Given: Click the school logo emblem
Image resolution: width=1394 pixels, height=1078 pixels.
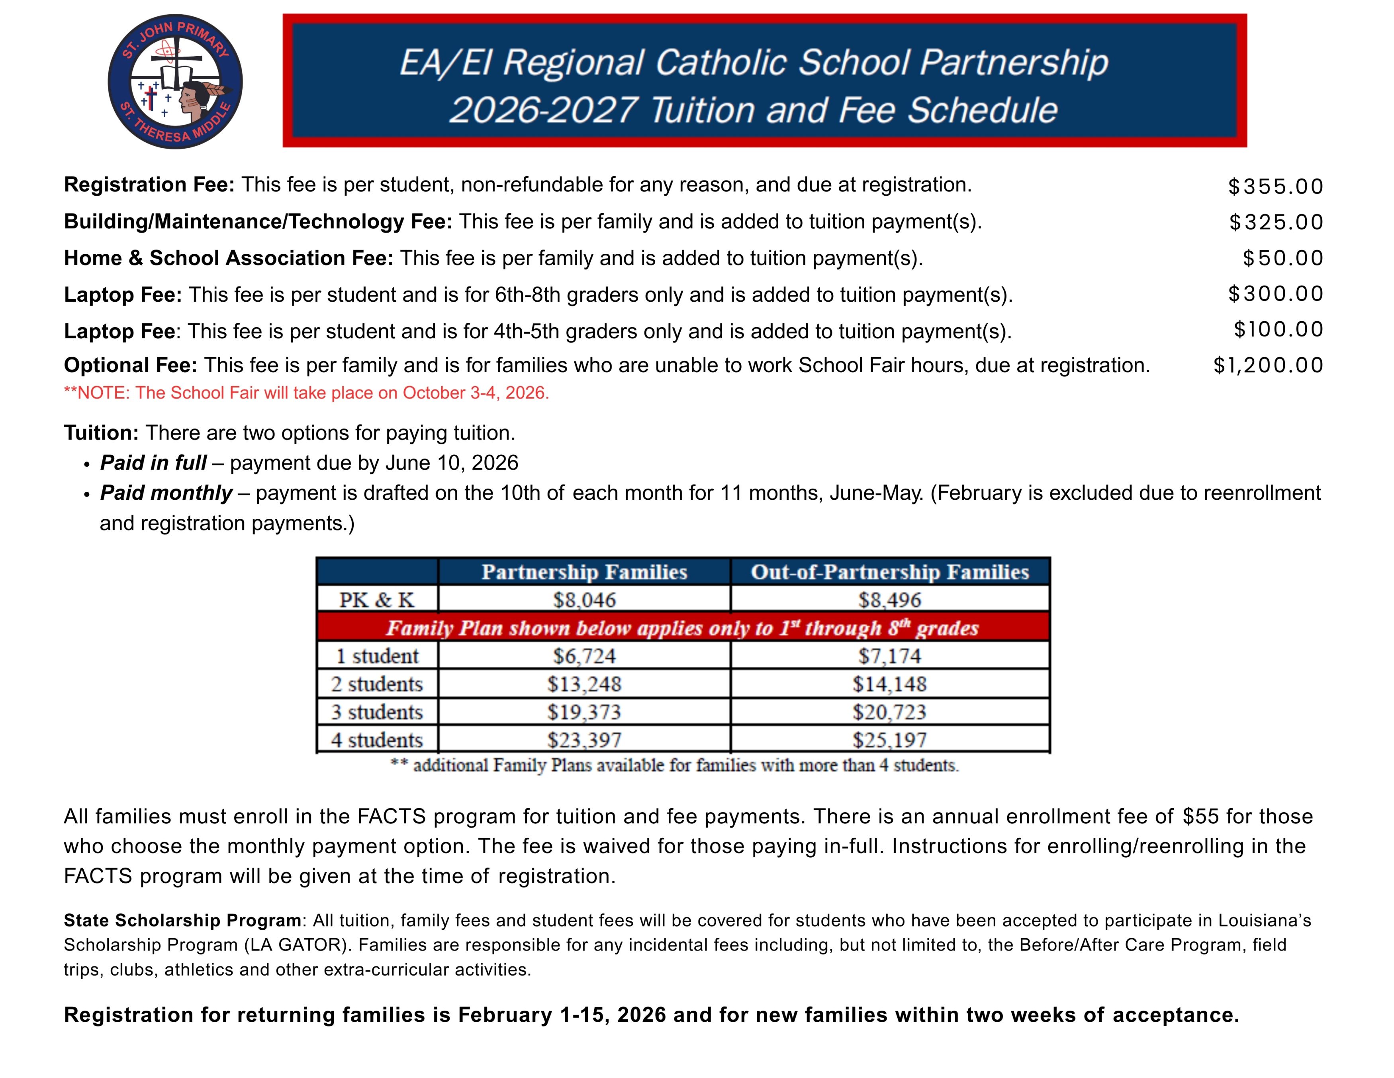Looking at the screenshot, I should (175, 82).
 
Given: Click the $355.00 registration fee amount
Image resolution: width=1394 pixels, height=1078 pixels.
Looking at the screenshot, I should (1275, 187).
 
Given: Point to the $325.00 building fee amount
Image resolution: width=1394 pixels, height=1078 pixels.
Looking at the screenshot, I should (1276, 222).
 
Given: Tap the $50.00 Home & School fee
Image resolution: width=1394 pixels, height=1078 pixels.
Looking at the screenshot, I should (1282, 258).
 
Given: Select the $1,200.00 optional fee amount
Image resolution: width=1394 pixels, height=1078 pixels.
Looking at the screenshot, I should (1268, 365).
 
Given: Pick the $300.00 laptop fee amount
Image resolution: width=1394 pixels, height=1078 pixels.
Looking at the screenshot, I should (1275, 294).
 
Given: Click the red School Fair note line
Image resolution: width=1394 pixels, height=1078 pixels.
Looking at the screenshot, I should (306, 393).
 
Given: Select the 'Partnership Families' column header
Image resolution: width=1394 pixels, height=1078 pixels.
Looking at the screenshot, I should (584, 571).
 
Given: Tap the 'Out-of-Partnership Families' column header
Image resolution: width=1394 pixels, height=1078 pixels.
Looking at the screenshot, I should (890, 571).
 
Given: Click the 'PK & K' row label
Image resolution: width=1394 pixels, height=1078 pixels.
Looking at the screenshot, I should (377, 600).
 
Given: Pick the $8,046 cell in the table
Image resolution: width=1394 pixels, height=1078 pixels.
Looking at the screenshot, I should (584, 600).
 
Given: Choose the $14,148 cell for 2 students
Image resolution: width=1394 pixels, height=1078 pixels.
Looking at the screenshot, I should (890, 684).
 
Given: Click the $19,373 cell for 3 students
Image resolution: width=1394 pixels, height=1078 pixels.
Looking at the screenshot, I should (584, 712).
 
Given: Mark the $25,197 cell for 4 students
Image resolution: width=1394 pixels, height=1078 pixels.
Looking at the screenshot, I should (890, 740).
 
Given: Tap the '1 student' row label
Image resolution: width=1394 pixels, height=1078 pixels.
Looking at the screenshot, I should (377, 656).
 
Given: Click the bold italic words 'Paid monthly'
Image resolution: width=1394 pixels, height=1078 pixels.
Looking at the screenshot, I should (166, 493).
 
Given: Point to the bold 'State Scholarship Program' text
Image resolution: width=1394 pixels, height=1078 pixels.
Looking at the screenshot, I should (182, 920).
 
